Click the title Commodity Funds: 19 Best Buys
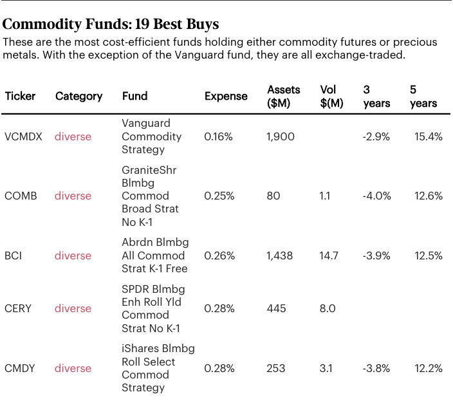[111, 24]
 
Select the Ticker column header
[20, 96]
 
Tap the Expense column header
[226, 96]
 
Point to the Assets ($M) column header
[283, 96]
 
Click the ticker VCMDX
[23, 136]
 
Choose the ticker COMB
[21, 196]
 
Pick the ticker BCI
[14, 256]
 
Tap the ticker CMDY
[20, 368]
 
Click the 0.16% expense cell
[219, 136]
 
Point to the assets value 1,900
[281, 136]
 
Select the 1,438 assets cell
[279, 256]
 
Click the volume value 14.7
[329, 256]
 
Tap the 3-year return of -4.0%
[376, 196]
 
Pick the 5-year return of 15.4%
[429, 136]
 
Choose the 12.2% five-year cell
[429, 368]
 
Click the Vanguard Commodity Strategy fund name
[151, 136]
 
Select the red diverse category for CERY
[73, 308]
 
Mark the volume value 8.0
[328, 308]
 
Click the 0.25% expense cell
[219, 196]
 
